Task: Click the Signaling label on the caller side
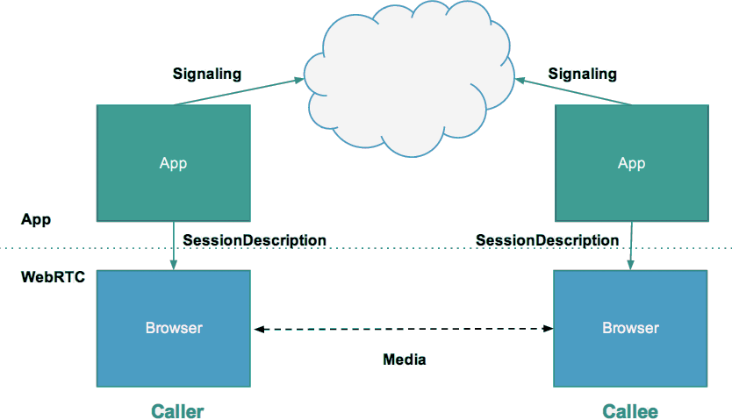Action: pyautogui.click(x=206, y=74)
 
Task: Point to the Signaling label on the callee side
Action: pyautogui.click(x=582, y=74)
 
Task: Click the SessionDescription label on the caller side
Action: pyautogui.click(x=255, y=239)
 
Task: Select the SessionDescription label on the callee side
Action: pyautogui.click(x=547, y=239)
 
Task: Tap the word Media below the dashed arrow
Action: pyautogui.click(x=405, y=359)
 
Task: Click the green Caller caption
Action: pyautogui.click(x=177, y=410)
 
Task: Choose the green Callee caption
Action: pyautogui.click(x=630, y=410)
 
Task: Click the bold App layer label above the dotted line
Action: pyautogui.click(x=36, y=219)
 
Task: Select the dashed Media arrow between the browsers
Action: pyautogui.click(x=404, y=329)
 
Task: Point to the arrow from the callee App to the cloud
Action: pyautogui.click(x=575, y=92)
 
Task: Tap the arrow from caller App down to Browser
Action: pyautogui.click(x=174, y=246)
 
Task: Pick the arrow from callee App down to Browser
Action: pyautogui.click(x=631, y=246)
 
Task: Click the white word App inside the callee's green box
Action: pyautogui.click(x=631, y=163)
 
